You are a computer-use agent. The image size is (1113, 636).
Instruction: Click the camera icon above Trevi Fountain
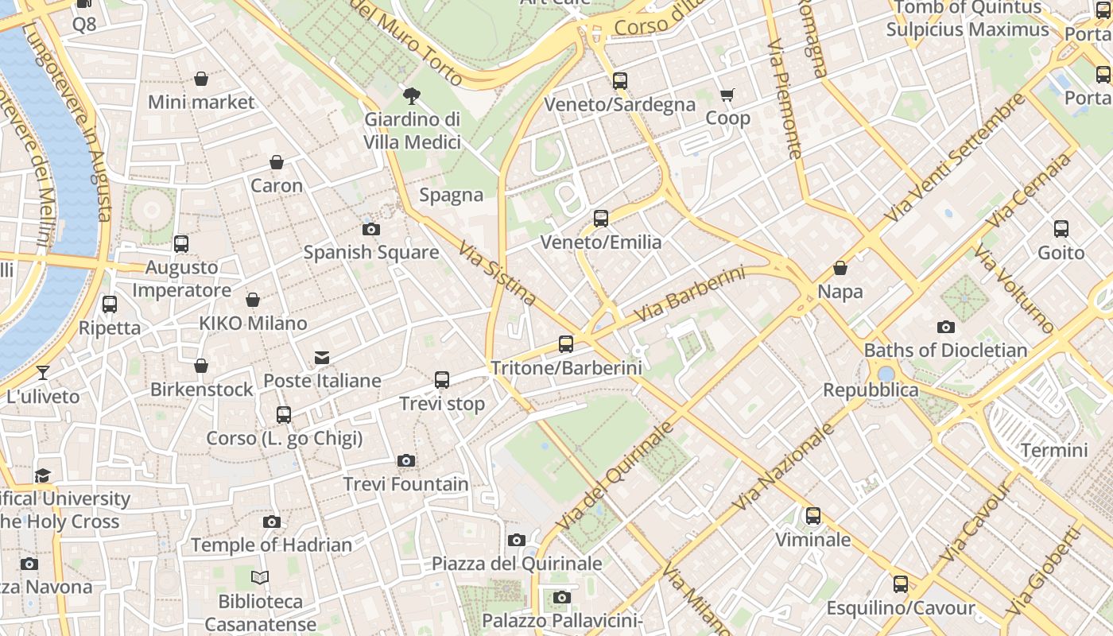pyautogui.click(x=406, y=461)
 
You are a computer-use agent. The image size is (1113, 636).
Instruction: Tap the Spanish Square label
pyautogui.click(x=371, y=253)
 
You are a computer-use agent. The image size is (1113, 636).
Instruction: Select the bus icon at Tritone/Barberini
pyautogui.click(x=566, y=344)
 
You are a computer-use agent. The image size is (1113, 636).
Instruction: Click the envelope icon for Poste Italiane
pyautogui.click(x=322, y=358)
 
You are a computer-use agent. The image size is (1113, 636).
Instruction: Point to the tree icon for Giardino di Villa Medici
pyautogui.click(x=412, y=96)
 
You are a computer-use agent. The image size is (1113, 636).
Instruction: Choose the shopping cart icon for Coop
pyautogui.click(x=727, y=95)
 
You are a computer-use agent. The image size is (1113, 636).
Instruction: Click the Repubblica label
pyautogui.click(x=871, y=390)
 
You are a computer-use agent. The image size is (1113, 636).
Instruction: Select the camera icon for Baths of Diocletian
pyautogui.click(x=945, y=327)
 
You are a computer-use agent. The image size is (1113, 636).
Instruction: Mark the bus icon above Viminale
pyautogui.click(x=812, y=516)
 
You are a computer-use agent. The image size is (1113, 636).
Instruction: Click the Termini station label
pyautogui.click(x=1054, y=451)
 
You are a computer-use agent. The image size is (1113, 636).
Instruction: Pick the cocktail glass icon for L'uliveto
pyautogui.click(x=43, y=373)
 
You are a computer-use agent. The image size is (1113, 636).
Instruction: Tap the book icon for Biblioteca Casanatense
pyautogui.click(x=260, y=578)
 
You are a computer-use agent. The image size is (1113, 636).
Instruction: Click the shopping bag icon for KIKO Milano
pyautogui.click(x=253, y=301)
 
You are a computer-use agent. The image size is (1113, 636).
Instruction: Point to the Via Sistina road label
pyautogui.click(x=498, y=273)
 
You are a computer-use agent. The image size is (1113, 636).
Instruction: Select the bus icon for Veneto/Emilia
pyautogui.click(x=601, y=219)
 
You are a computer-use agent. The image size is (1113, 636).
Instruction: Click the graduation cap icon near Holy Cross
pyautogui.click(x=43, y=475)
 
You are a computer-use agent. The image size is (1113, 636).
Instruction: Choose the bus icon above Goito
pyautogui.click(x=1061, y=229)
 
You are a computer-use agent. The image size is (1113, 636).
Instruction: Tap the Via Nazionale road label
pyautogui.click(x=783, y=467)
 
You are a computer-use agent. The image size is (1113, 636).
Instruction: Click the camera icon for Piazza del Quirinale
pyautogui.click(x=517, y=541)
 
